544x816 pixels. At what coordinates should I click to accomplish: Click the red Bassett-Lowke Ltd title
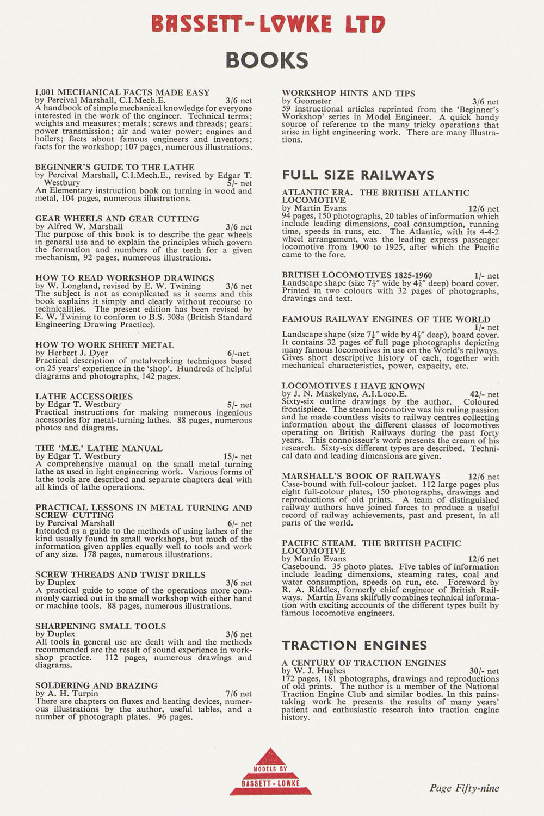click(269, 24)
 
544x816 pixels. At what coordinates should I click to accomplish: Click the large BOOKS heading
click(267, 60)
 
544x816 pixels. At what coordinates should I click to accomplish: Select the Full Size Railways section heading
click(358, 175)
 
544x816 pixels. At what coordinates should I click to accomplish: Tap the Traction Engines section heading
click(354, 646)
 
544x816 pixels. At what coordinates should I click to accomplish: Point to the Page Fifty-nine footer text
click(464, 788)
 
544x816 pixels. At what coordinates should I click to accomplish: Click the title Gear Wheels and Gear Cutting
click(117, 219)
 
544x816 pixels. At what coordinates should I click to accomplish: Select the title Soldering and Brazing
click(96, 685)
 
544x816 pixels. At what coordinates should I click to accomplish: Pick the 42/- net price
click(484, 394)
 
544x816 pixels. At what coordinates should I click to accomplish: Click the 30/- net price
click(484, 671)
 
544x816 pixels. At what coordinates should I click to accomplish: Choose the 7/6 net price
click(238, 694)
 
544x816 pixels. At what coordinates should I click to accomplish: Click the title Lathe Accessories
click(84, 397)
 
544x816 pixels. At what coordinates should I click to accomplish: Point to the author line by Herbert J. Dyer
click(72, 353)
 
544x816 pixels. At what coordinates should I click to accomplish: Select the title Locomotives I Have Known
click(353, 386)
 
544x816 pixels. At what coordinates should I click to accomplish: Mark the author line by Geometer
click(306, 101)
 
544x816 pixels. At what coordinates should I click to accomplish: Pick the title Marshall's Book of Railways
click(361, 476)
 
